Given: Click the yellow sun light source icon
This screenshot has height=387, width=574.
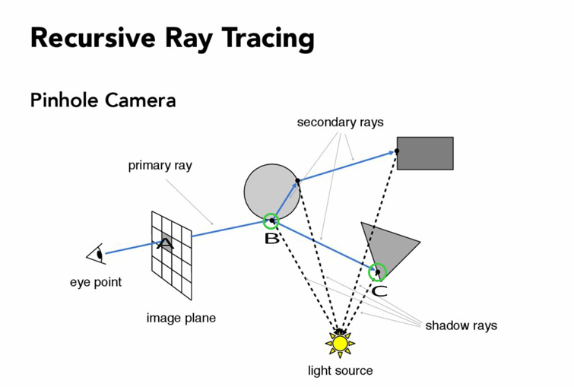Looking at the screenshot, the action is pos(340,344).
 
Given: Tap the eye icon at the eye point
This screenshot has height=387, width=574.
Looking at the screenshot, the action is pos(97,254).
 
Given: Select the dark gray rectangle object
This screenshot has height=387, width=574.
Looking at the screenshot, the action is pos(425,154).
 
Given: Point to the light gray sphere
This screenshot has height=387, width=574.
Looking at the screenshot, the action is pos(272,192).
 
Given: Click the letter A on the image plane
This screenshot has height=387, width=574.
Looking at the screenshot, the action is pos(165,243).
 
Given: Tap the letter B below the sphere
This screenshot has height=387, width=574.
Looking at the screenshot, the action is pos(271,239).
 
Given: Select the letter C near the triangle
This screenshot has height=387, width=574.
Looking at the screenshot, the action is pos(379,291).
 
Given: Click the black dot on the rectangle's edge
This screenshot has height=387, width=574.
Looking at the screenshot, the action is pos(397,151).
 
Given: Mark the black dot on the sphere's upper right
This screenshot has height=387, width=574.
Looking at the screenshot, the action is pos(297,180).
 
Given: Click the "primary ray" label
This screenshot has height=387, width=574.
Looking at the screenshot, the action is pos(160,166).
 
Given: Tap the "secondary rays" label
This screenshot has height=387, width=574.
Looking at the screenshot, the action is pos(340,122).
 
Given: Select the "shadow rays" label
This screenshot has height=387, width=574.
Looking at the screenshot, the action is pos(461,325).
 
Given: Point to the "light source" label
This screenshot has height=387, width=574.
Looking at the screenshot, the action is pos(340,370).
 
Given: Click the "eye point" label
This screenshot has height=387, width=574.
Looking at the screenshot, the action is pos(96,282).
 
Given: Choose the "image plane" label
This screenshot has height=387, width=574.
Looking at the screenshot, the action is pos(181,318).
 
